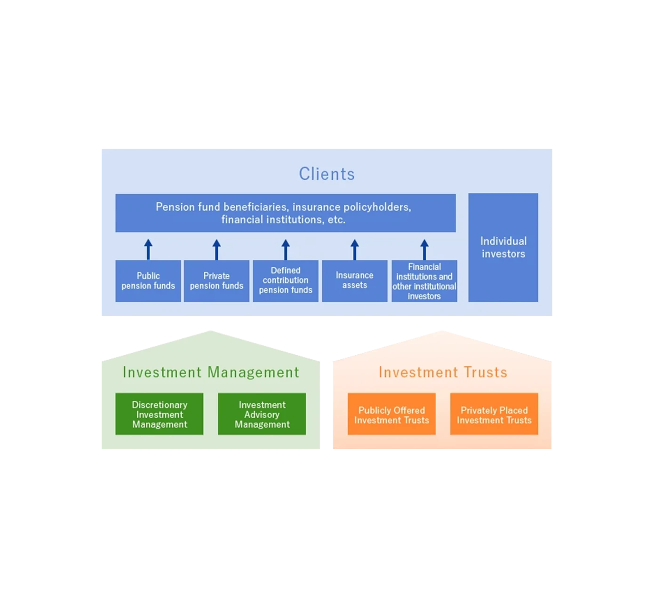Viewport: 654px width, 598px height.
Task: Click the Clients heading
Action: tap(327, 174)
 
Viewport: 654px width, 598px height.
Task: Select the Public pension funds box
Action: tap(148, 281)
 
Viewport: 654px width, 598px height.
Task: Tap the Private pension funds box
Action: tap(216, 281)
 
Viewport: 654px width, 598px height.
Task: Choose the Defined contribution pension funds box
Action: tap(286, 281)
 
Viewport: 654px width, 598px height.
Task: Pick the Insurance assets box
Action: tap(354, 281)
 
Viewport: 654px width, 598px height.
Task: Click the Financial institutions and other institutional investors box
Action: tap(424, 281)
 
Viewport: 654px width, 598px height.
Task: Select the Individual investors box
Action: tap(503, 247)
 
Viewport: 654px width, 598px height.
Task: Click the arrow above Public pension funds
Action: tap(148, 249)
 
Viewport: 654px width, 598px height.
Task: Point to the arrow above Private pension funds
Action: tap(216, 249)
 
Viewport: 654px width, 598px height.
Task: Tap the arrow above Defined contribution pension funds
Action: tap(286, 249)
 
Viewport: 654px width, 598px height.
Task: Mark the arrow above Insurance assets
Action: tap(355, 249)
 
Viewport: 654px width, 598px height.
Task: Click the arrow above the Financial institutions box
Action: tap(424, 249)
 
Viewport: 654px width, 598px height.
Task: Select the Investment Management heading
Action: tap(211, 372)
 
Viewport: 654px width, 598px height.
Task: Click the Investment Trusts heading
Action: tap(443, 372)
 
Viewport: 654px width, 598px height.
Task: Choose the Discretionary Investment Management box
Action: tap(160, 414)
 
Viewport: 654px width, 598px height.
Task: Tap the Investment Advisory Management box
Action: tap(262, 414)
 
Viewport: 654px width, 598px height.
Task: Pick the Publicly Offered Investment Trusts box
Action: tap(391, 414)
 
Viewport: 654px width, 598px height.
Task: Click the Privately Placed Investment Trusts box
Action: tap(494, 414)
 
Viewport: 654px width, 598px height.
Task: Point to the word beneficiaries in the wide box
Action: tap(255, 207)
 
